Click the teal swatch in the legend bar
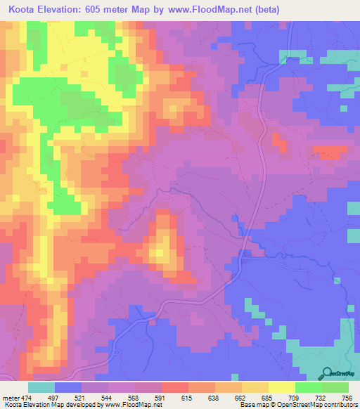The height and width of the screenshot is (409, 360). (x=41, y=387)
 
